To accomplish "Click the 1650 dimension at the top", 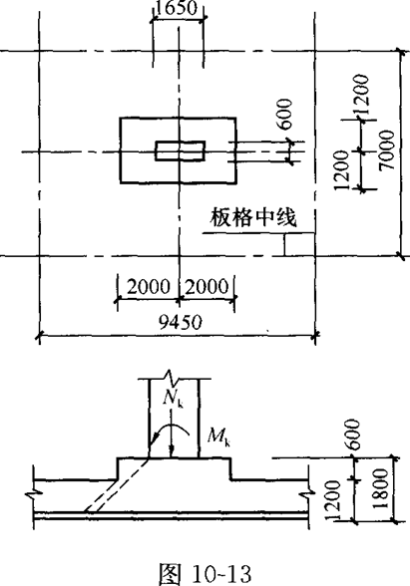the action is [176, 8].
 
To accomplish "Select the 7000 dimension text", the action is [386, 149].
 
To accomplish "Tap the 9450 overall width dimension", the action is [181, 322].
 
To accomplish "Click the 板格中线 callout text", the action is [253, 217].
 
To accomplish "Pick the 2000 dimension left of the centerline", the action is [149, 287].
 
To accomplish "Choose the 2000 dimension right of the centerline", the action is [206, 287].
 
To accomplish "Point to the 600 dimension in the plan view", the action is [284, 114].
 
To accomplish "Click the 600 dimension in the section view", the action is [353, 435].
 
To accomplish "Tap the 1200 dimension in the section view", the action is [333, 500].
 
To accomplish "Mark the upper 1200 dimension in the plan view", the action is [362, 95].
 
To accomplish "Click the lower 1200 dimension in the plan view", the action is [341, 170].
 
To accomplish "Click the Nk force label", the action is [174, 399].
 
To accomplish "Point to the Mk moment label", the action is [219, 437].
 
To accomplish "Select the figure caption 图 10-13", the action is [205, 573].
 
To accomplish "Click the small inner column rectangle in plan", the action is [181, 150].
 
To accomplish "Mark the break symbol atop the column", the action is [171, 375].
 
